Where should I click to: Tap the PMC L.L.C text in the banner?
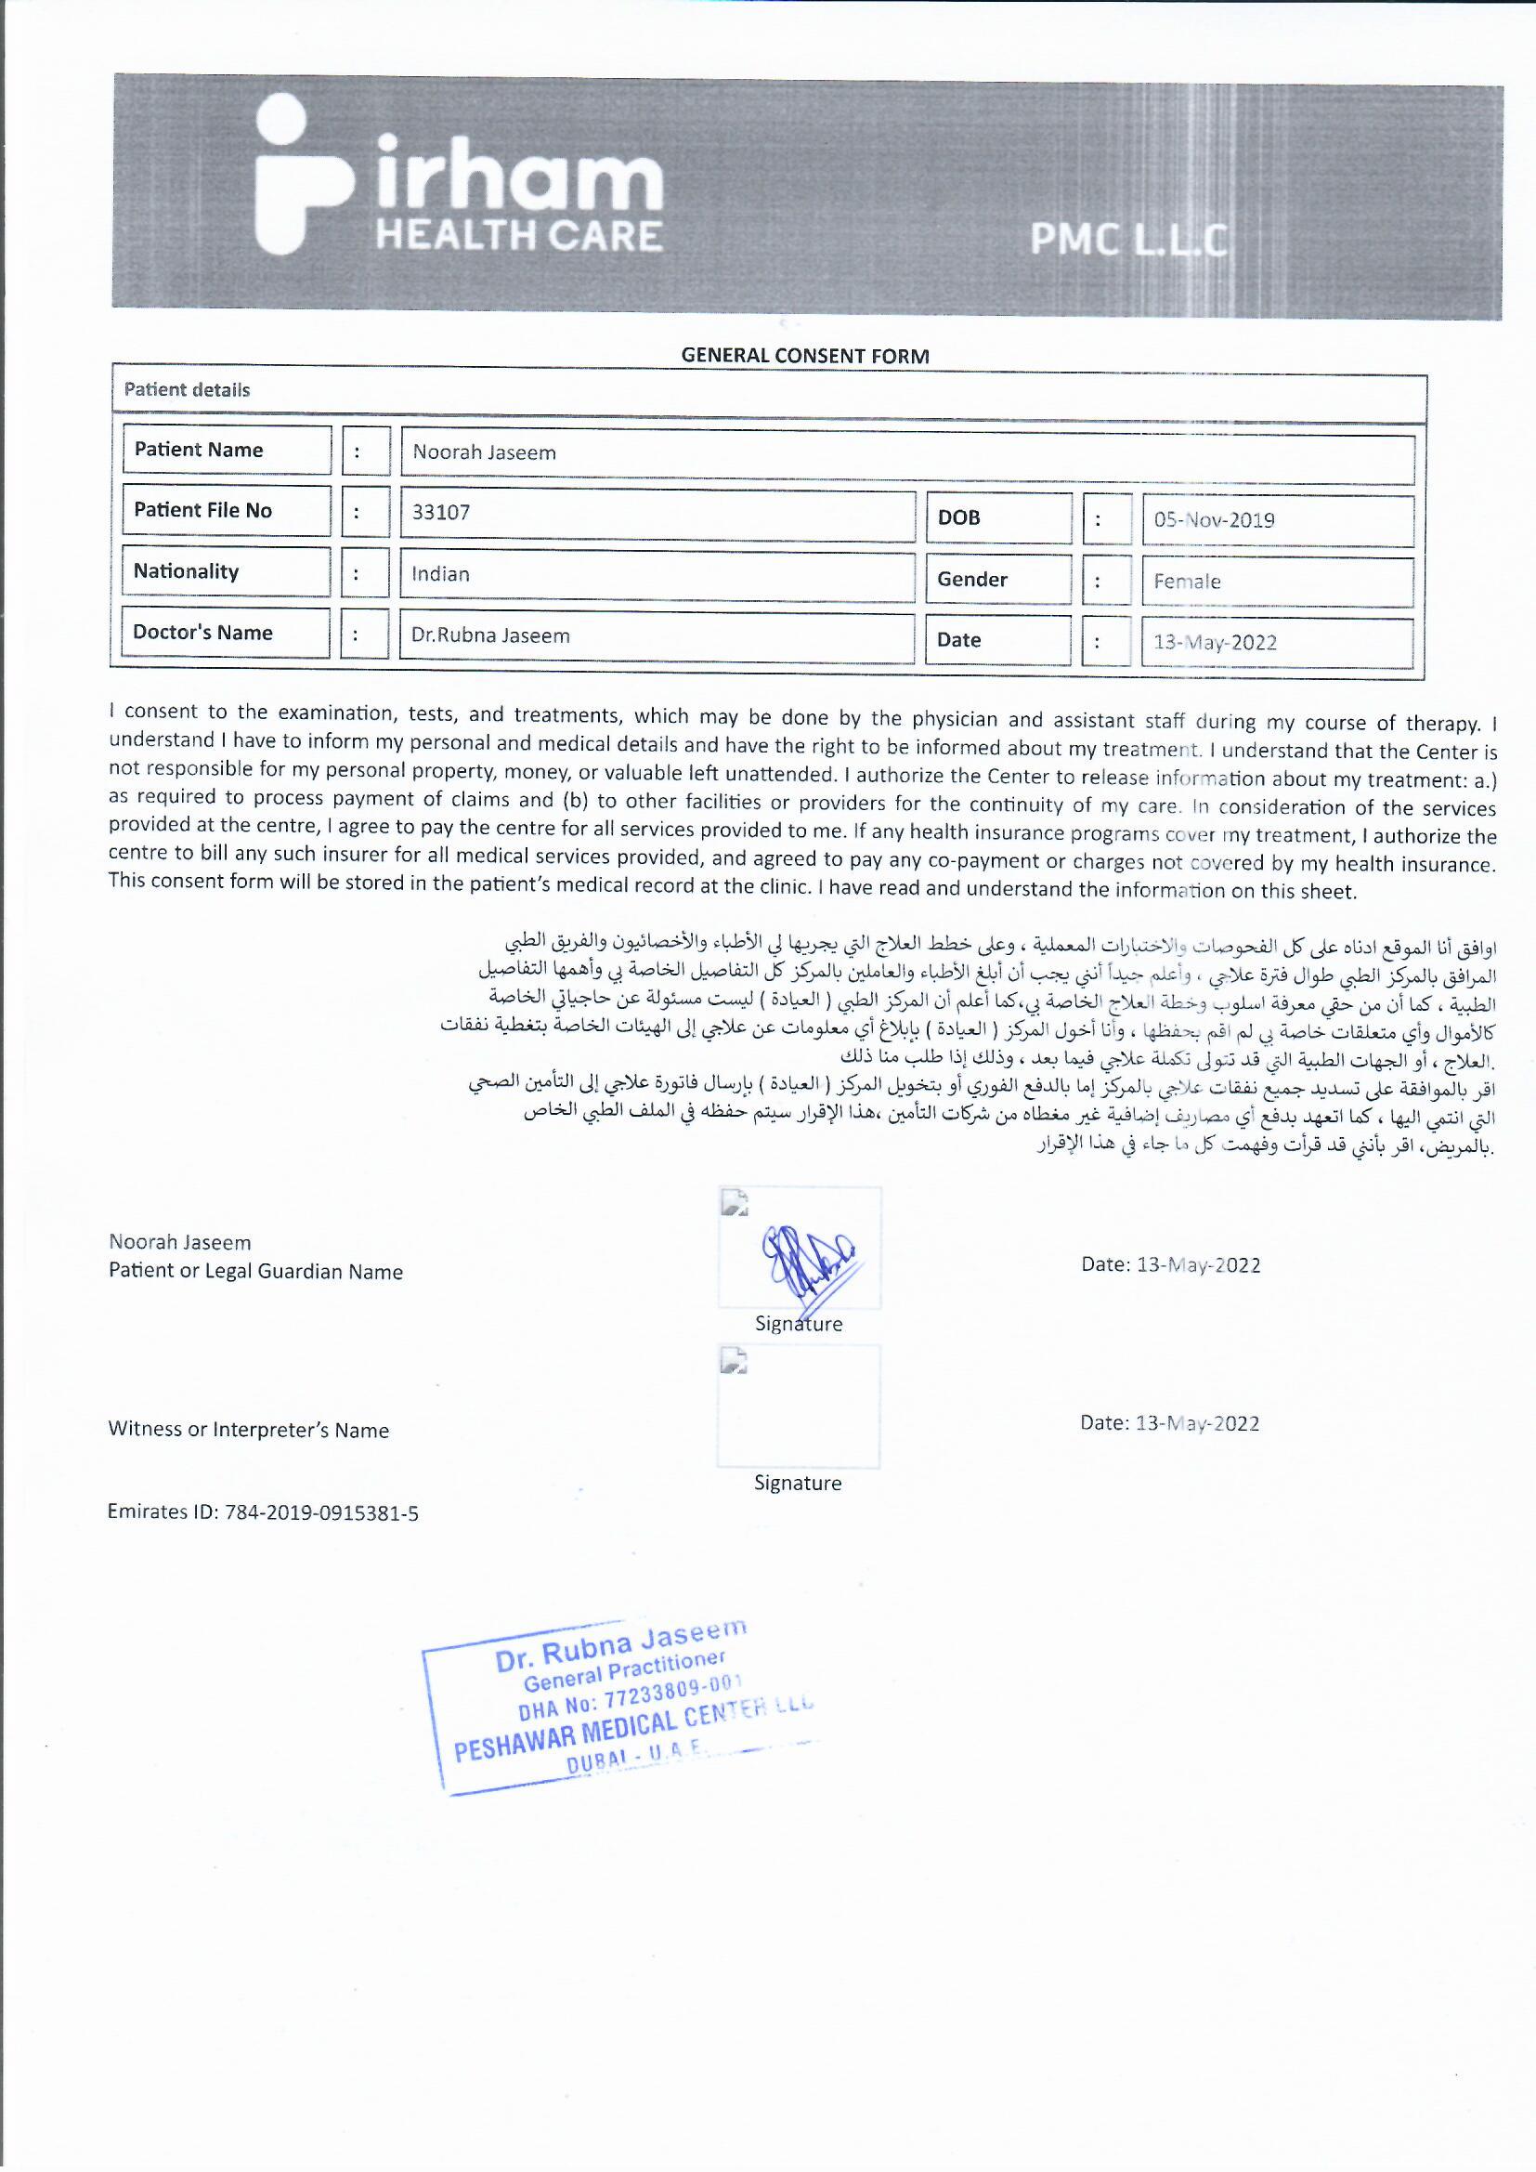(1128, 241)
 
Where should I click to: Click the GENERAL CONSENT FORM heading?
(805, 357)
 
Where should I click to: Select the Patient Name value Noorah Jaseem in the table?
(484, 453)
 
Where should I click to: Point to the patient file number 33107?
(441, 514)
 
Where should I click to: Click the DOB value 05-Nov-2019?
(1214, 520)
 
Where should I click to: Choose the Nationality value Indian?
(440, 574)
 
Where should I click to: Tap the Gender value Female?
(1187, 582)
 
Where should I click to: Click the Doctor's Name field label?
(202, 633)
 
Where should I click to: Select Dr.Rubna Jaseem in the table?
(490, 635)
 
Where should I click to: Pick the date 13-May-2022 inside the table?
(1215, 643)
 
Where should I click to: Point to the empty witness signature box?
(799, 1407)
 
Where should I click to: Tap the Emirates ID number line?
(263, 1512)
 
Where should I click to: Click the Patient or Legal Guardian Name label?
(255, 1273)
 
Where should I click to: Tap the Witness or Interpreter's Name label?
(249, 1431)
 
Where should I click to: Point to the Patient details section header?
(188, 391)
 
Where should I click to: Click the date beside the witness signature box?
(1169, 1424)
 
